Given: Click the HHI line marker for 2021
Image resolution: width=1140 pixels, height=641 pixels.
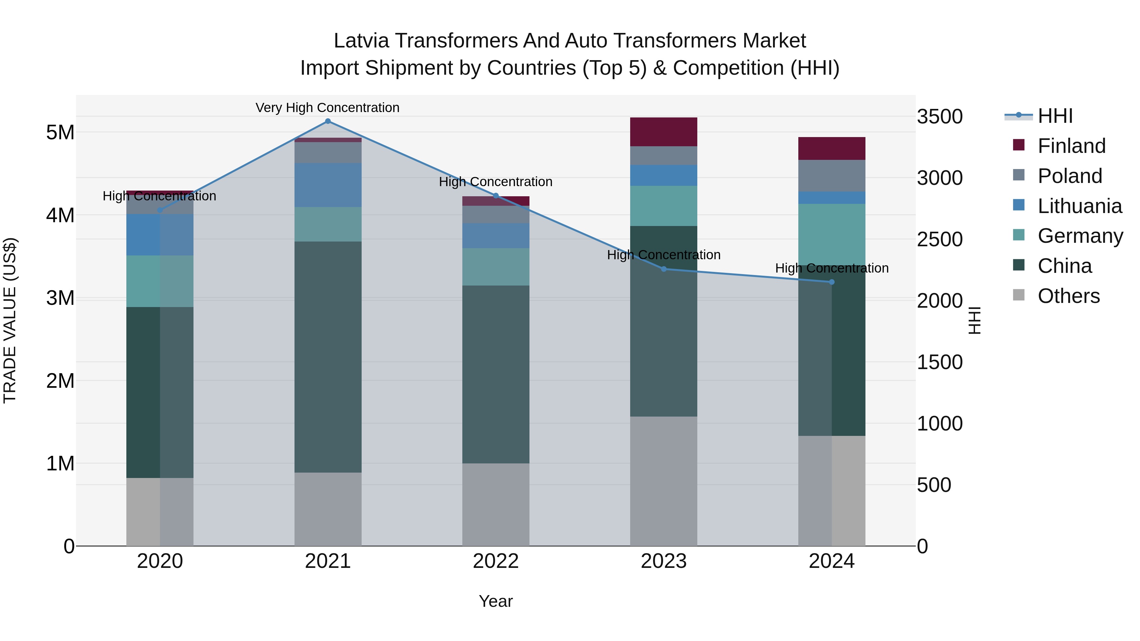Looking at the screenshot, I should (x=327, y=121).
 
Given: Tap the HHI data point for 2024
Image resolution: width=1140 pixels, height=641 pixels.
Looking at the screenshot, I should (x=832, y=282).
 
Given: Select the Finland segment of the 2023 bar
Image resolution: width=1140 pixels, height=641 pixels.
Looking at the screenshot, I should (x=663, y=132).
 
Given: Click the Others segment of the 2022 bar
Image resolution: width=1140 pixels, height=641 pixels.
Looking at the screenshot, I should (x=496, y=504).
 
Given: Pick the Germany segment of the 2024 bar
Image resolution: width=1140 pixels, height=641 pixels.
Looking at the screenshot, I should (x=832, y=235).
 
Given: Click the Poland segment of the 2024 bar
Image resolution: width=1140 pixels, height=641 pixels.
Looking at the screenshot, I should (x=832, y=176).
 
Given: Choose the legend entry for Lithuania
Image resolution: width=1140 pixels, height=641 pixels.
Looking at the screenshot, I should (x=1080, y=206).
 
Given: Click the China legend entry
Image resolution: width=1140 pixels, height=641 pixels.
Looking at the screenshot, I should (x=1064, y=266).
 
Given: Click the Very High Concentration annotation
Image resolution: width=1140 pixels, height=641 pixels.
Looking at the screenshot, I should (x=327, y=108).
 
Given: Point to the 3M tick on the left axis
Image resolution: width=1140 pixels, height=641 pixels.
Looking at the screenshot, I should (x=60, y=298).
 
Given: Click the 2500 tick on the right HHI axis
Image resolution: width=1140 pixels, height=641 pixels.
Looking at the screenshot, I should (x=940, y=239).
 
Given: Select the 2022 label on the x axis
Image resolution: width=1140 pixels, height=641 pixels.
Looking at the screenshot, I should (x=496, y=561).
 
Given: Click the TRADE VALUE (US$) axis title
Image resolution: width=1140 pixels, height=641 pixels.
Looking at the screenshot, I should (x=10, y=320).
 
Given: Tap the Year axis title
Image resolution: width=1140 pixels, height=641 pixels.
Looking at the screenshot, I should (x=496, y=601).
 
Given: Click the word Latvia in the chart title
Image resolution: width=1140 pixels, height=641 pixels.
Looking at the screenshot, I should (x=361, y=41).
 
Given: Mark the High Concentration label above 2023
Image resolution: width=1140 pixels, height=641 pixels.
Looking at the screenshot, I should (x=663, y=255).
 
